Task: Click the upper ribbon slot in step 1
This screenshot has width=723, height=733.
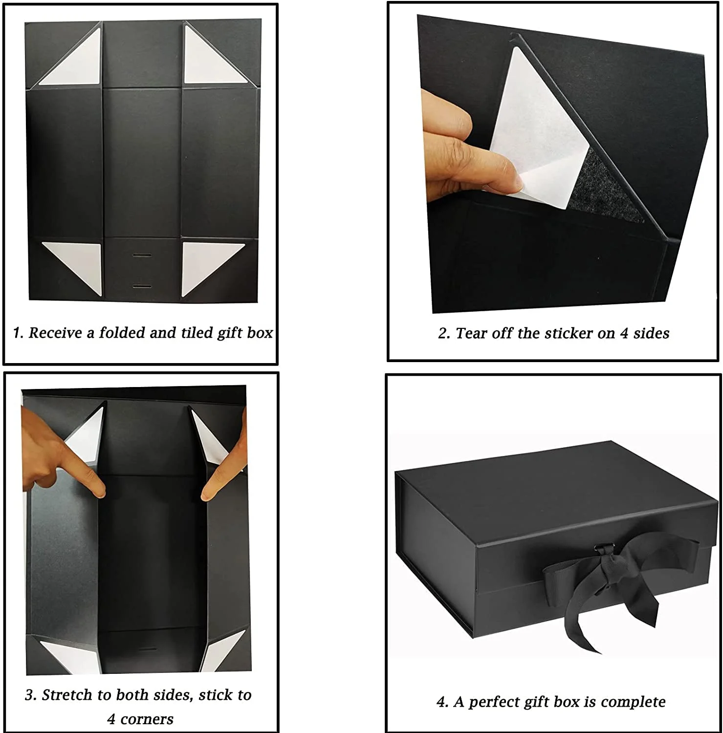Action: point(141,256)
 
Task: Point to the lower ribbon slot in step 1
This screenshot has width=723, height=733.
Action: point(141,285)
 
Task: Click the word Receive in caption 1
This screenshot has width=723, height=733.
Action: point(55,333)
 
